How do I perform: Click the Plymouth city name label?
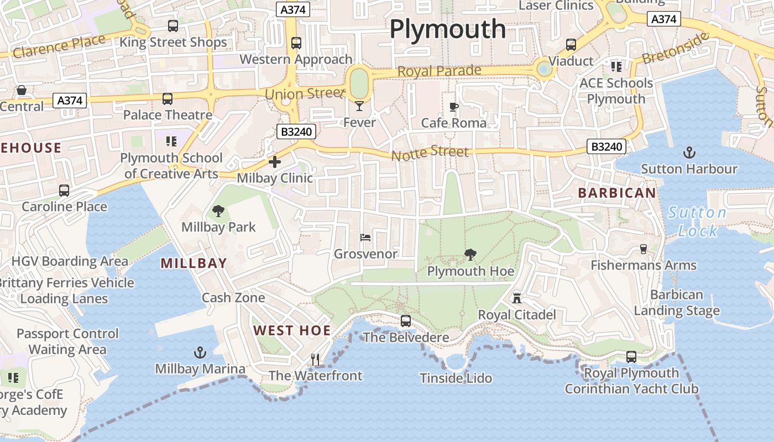(x=448, y=29)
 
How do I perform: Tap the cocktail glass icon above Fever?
(x=359, y=106)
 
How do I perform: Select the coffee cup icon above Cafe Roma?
(x=454, y=107)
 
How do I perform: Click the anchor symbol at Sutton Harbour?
(x=689, y=152)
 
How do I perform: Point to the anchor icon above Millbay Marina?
(x=200, y=352)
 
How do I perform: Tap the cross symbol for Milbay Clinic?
(x=275, y=162)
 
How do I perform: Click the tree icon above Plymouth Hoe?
(x=470, y=255)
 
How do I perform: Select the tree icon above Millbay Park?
(x=218, y=211)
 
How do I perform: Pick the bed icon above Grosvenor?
(x=365, y=238)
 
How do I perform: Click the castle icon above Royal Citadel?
(x=517, y=298)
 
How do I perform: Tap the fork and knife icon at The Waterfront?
(x=315, y=360)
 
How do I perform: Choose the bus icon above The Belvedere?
(x=406, y=320)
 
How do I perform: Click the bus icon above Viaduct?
(x=571, y=45)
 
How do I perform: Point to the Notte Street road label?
(x=430, y=153)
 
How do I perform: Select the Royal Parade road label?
(x=440, y=71)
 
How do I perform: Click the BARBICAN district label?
(x=617, y=193)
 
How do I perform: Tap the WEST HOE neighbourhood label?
(x=292, y=330)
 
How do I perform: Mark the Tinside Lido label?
(x=456, y=378)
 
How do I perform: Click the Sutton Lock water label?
(x=697, y=221)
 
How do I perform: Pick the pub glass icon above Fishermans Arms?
(x=644, y=249)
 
